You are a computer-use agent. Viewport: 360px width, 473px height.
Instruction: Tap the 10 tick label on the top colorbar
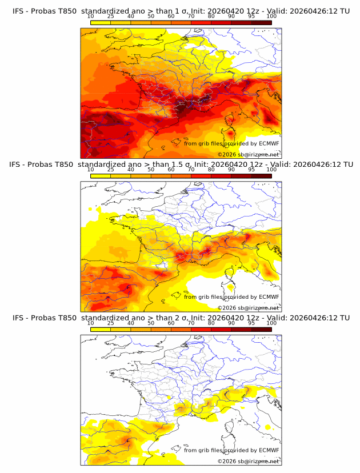(x=90, y=16)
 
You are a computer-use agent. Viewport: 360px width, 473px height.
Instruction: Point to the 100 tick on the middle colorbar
(x=271, y=169)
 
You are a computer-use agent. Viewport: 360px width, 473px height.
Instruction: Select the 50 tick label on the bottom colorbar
(x=151, y=323)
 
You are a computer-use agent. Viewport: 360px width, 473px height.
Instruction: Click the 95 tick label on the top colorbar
(x=251, y=16)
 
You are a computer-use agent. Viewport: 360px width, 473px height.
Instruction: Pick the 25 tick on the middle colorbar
(x=110, y=169)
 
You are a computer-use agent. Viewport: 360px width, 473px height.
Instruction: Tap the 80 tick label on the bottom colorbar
(x=211, y=323)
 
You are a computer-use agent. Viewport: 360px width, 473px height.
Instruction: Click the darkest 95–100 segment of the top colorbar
(x=261, y=22)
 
